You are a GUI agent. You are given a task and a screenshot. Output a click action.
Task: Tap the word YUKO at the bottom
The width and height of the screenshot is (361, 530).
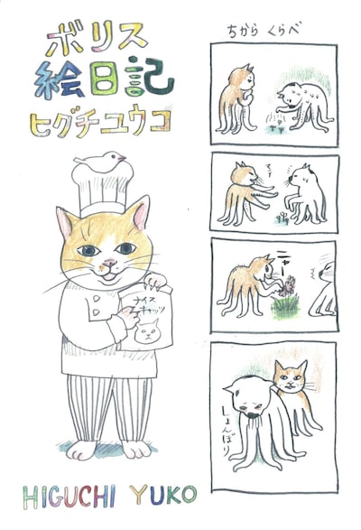[154, 497]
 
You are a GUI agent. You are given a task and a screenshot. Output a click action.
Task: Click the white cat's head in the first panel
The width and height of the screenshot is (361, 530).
[295, 91]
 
